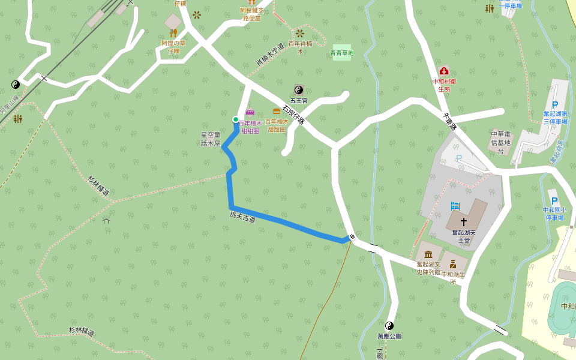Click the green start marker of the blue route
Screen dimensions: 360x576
point(236,119)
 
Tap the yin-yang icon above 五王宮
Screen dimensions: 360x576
point(299,90)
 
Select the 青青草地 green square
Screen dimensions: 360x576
point(342,52)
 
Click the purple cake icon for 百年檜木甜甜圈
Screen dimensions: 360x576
point(250,112)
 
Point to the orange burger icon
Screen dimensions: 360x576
point(277,112)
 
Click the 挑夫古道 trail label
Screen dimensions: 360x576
point(242,217)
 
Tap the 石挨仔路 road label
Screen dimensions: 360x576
point(294,112)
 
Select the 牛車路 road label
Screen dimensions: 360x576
point(449,122)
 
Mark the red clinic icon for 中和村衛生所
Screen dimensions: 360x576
point(443,71)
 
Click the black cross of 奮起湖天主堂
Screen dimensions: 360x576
point(464,222)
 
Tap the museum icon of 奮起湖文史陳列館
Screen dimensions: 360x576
point(428,254)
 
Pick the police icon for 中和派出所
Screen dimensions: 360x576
point(453,263)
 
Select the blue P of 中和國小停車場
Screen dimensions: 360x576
point(554,200)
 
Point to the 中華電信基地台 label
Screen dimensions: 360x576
point(500,143)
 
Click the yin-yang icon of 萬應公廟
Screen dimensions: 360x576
point(389,326)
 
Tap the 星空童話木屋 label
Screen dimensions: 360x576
point(211,139)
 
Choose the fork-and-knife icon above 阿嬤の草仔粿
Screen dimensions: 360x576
point(173,33)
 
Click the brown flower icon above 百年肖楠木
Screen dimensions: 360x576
point(300,33)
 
